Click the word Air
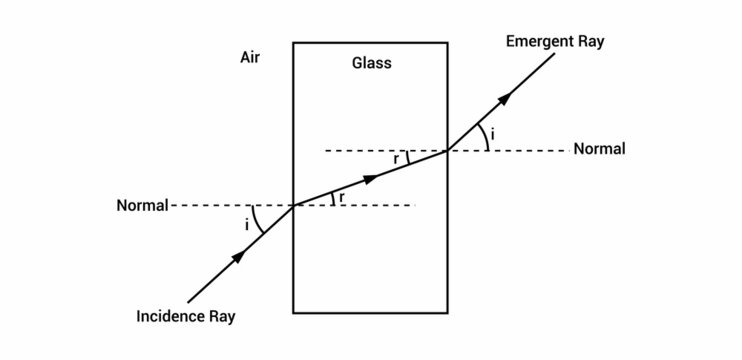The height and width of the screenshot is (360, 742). tap(250, 57)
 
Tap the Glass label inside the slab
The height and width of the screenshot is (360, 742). tap(371, 63)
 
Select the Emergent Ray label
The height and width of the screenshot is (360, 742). tap(555, 42)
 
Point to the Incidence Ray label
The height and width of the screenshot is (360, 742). tap(185, 317)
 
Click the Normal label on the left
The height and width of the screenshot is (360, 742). tap(142, 206)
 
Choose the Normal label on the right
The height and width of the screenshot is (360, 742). tap(599, 150)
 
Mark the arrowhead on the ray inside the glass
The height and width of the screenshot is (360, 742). tap(371, 178)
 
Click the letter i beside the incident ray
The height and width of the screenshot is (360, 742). tap(246, 225)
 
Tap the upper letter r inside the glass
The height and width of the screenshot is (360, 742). tap(396, 158)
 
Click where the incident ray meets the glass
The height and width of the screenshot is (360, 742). tap(293, 206)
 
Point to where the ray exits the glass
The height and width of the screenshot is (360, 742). tap(447, 151)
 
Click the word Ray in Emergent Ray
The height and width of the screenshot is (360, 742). tap(590, 42)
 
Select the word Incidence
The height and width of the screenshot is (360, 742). tap(171, 317)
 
